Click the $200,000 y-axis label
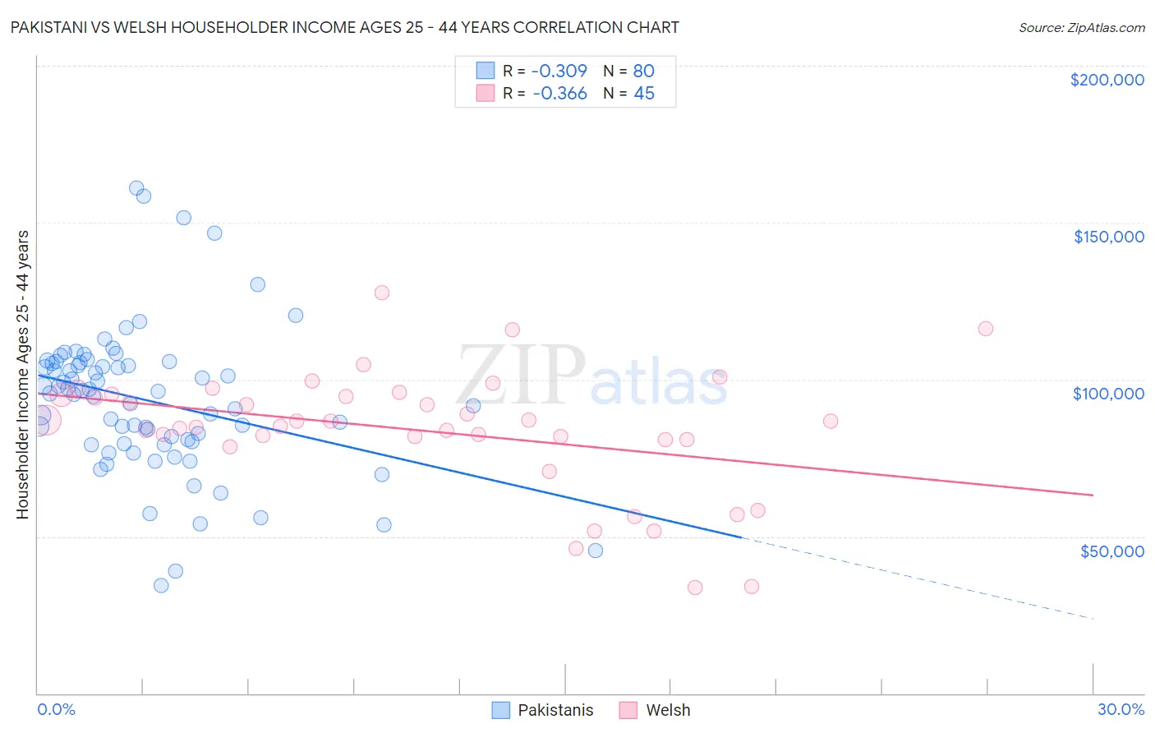pos(1107,80)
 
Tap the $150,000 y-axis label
pos(1108,237)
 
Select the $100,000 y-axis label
pos(1108,394)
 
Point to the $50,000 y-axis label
pos(1111,551)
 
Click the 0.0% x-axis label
pos(56,709)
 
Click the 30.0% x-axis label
pos(1120,709)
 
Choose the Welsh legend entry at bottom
pos(655,710)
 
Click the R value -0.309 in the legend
pos(559,71)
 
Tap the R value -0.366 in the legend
pos(559,94)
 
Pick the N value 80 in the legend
pos(643,71)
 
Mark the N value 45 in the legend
pos(643,94)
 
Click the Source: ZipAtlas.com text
pos(1081,27)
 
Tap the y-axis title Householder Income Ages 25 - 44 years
pos(22,375)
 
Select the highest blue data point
pos(137,188)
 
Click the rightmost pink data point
pos(986,329)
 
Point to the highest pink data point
pos(381,293)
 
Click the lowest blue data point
pos(161,585)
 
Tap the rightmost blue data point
pos(596,551)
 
